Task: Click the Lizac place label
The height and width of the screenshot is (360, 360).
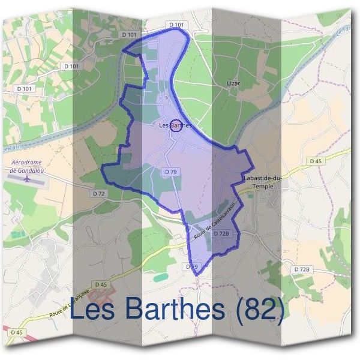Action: pyautogui.click(x=233, y=83)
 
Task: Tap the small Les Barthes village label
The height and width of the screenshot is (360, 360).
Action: pyautogui.click(x=175, y=125)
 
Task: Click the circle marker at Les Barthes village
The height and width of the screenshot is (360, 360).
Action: pyautogui.click(x=175, y=125)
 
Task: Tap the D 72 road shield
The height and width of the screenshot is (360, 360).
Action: pyautogui.click(x=99, y=194)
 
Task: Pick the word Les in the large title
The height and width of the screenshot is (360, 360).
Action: pyautogui.click(x=94, y=310)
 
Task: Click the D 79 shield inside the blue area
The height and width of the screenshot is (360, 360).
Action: pyautogui.click(x=170, y=172)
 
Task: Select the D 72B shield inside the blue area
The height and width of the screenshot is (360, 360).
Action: pyautogui.click(x=222, y=233)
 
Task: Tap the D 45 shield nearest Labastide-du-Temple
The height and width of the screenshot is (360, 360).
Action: pyautogui.click(x=316, y=161)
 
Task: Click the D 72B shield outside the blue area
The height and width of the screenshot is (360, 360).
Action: pyautogui.click(x=302, y=270)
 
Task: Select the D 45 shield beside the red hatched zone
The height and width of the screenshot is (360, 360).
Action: pyautogui.click(x=100, y=284)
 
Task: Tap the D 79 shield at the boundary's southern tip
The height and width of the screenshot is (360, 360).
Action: pyautogui.click(x=191, y=266)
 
